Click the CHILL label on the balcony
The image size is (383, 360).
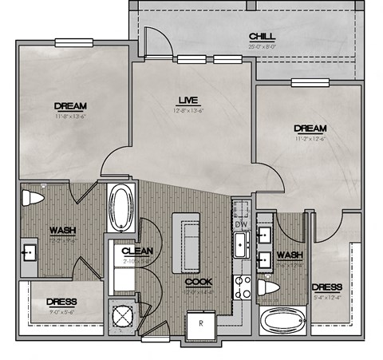(263, 37)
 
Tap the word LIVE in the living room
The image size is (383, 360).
(188, 100)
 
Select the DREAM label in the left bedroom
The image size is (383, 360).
(70, 105)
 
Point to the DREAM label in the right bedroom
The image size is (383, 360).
(310, 128)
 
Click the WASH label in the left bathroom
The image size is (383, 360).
(62, 231)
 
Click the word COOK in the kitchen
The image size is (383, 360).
(198, 282)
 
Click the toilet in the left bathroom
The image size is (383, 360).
(33, 198)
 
